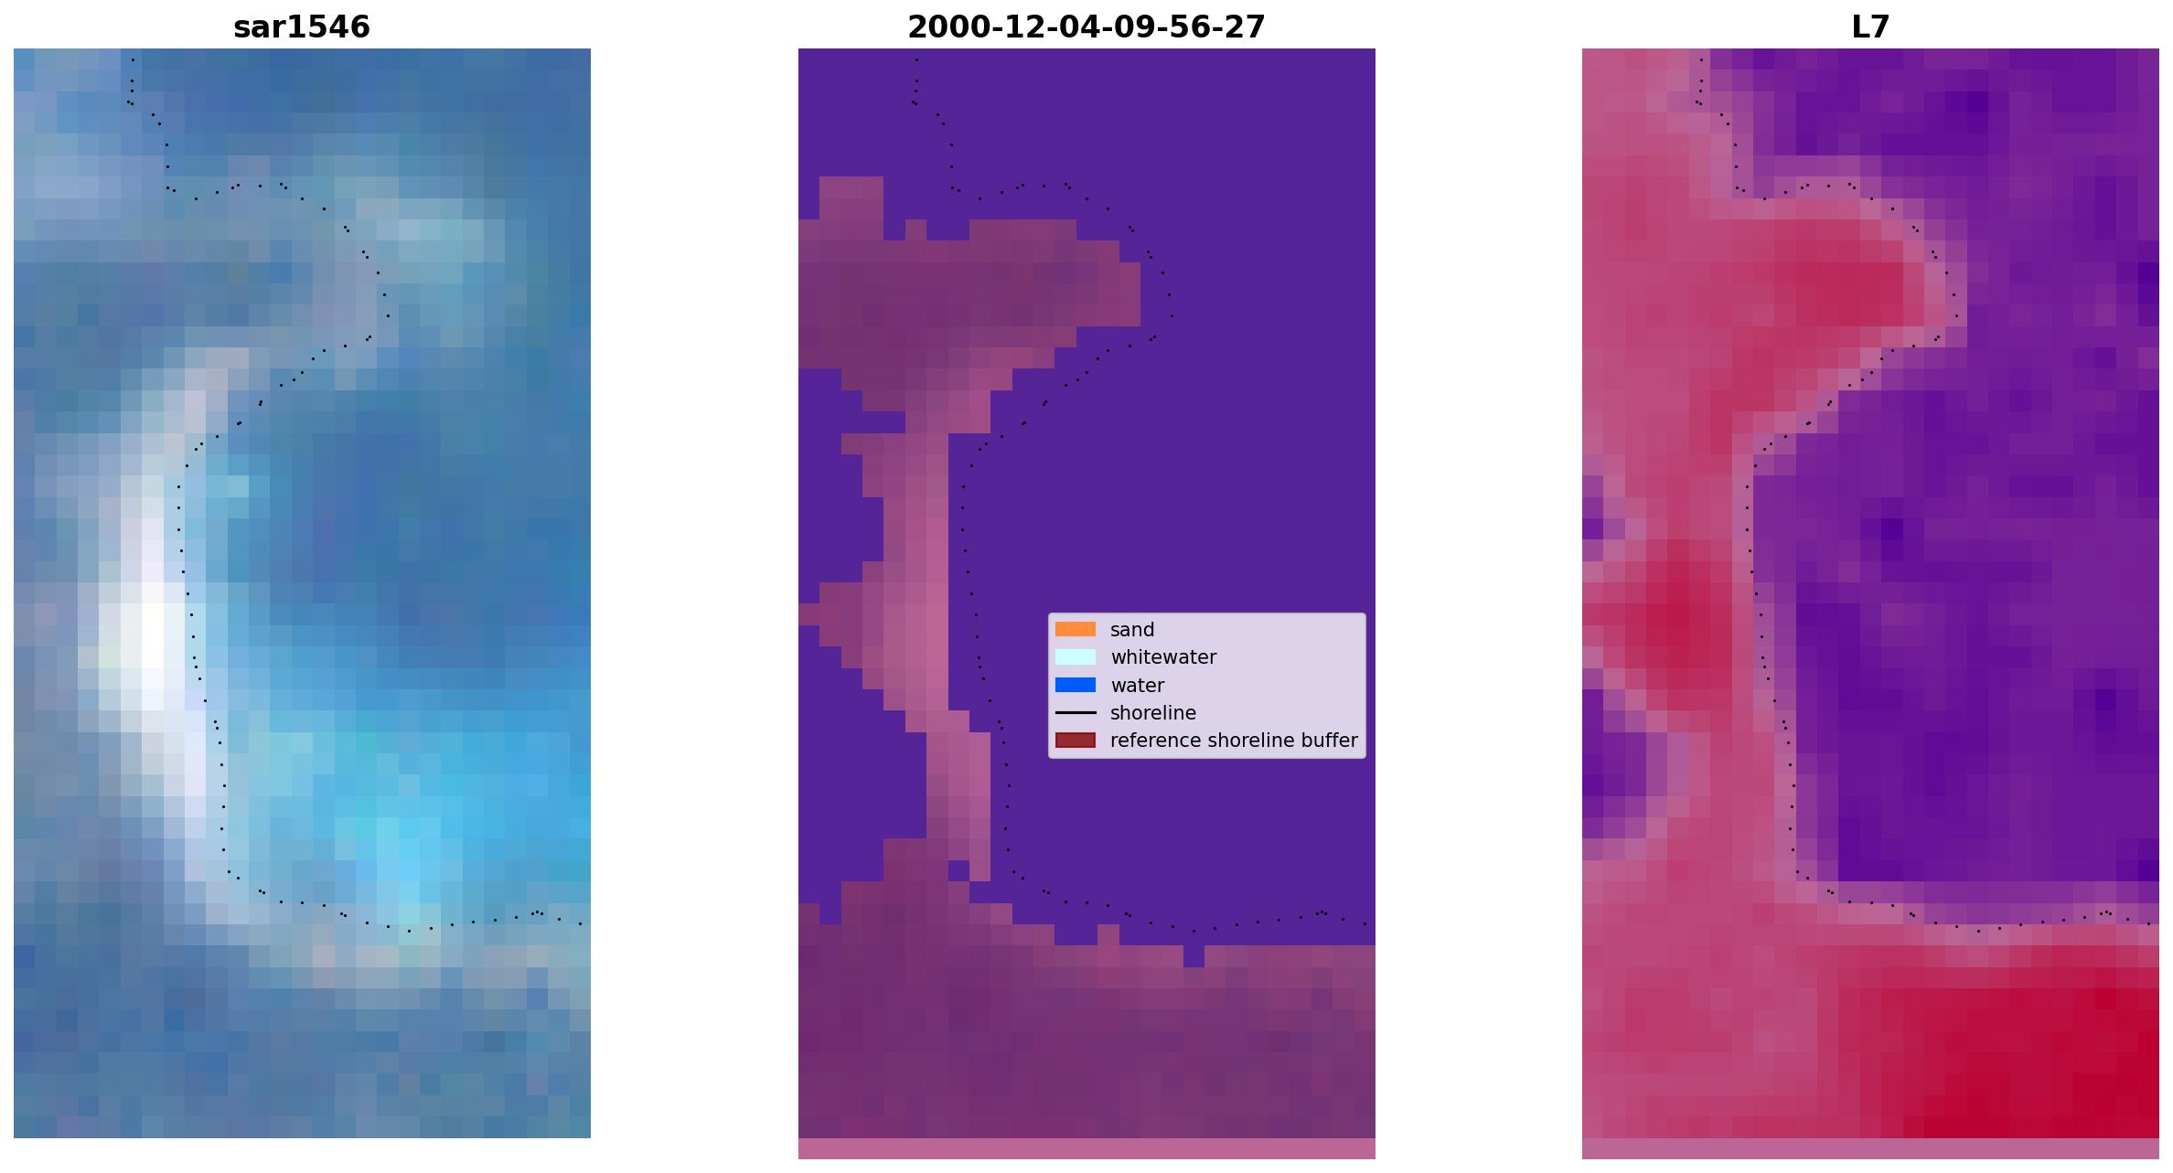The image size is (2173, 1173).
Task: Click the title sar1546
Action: click(x=302, y=27)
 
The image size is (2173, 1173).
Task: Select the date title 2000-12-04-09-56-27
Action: click(x=1086, y=27)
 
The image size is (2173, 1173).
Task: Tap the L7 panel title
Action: click(x=1870, y=27)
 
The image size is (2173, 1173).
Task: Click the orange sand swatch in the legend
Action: click(x=1076, y=629)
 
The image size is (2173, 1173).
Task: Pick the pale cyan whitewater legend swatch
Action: click(x=1076, y=656)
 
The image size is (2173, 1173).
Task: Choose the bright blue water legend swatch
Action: click(x=1076, y=685)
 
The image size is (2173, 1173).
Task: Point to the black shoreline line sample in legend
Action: click(x=1076, y=712)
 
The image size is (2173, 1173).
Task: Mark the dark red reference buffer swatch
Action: click(x=1076, y=740)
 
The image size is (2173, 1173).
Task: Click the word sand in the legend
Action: click(x=1132, y=630)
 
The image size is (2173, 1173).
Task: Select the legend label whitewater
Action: click(x=1163, y=657)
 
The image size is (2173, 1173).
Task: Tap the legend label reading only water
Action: click(x=1137, y=686)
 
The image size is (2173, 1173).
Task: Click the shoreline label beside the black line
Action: click(x=1153, y=713)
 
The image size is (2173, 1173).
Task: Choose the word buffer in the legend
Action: click(x=1330, y=741)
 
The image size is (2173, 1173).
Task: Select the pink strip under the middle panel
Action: click(x=1086, y=1148)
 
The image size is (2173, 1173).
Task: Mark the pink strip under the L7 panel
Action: click(x=1870, y=1148)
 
